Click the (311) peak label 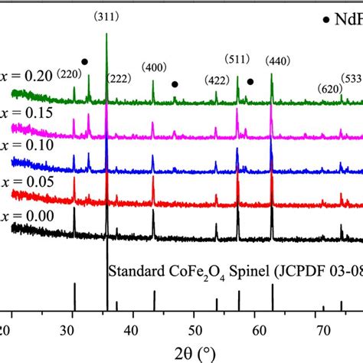[106, 16]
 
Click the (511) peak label [238, 60]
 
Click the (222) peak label [119, 77]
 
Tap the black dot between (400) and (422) [175, 84]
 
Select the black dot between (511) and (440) [250, 81]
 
